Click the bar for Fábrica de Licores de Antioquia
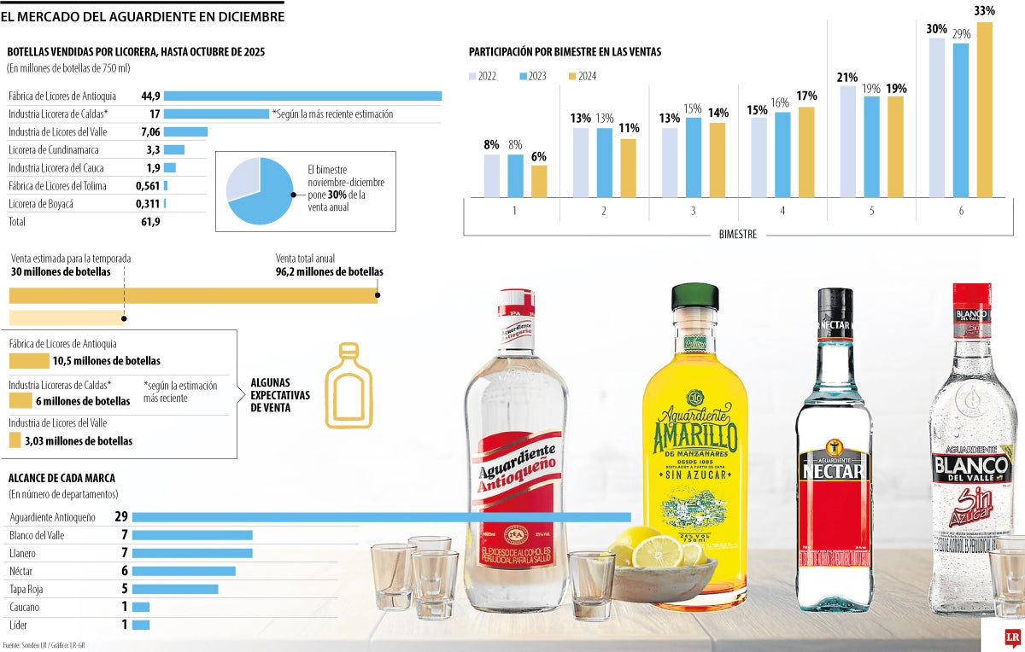coord(302,96)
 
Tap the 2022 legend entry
coord(483,76)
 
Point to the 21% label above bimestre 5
coord(847,78)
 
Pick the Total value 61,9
coord(150,222)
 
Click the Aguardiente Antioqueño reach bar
coord(381,517)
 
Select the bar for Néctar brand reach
coord(184,571)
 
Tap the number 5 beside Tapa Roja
coord(124,589)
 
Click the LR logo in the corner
coord(1013,638)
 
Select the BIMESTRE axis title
coord(736,235)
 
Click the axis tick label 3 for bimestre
coord(693,210)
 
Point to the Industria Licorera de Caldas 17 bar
coord(216,114)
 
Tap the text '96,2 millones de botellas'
coord(329,272)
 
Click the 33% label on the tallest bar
coord(984,10)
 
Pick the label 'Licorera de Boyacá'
coord(41,204)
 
